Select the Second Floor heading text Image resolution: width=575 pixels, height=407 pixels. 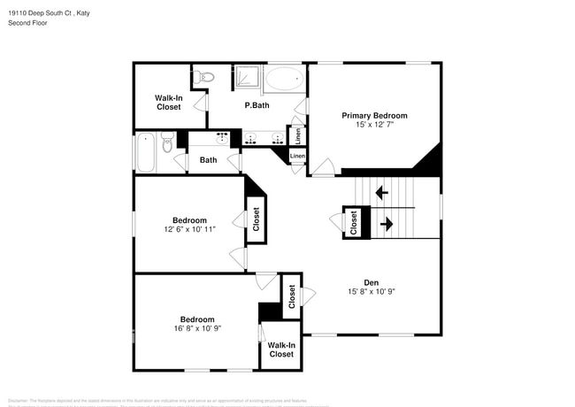point(27,23)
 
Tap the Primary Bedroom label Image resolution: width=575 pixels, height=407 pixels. point(374,116)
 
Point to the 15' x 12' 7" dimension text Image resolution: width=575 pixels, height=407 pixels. point(374,126)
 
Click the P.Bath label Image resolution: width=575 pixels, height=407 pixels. point(257,105)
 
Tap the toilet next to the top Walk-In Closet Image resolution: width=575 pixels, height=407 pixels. point(204,77)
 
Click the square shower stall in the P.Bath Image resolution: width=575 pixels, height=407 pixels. point(247,78)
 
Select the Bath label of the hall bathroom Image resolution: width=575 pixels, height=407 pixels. point(208,160)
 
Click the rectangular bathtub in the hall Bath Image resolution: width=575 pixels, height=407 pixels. point(146,152)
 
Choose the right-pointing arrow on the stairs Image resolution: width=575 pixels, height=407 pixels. point(386,225)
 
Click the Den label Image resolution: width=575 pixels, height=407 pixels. point(371,283)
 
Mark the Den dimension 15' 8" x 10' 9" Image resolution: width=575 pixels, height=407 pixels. point(371,293)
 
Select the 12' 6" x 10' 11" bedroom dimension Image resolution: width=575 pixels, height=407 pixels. point(189,230)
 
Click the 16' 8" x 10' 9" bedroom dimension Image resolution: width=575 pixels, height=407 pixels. point(196,329)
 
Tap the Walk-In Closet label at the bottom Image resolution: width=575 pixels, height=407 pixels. point(280,349)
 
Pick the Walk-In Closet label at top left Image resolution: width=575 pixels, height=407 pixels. point(168,103)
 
